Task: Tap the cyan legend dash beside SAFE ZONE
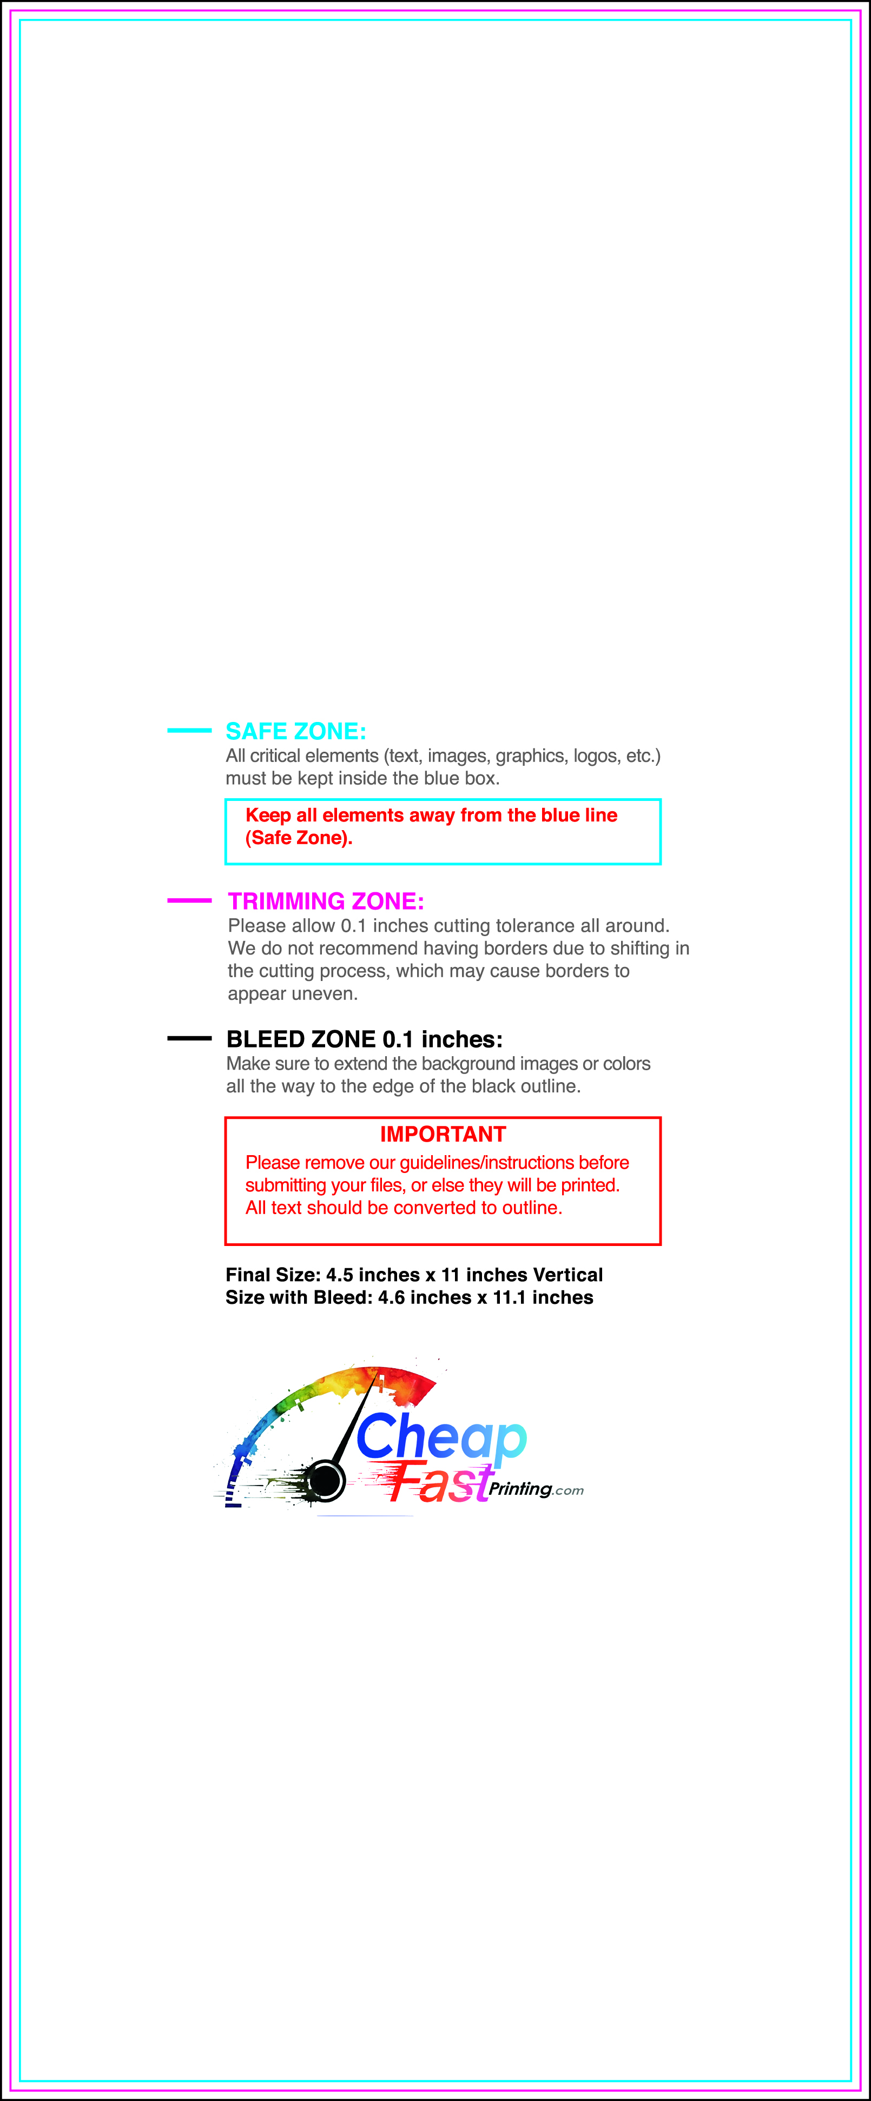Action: click(x=189, y=730)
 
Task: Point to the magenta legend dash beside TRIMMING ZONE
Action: click(x=189, y=900)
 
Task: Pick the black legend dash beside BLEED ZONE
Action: click(x=189, y=1038)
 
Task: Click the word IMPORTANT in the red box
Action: click(x=443, y=1135)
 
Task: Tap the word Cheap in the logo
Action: click(x=440, y=1438)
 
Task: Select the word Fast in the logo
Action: click(x=440, y=1483)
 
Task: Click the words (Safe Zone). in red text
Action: click(x=299, y=838)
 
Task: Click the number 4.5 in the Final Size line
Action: click(x=340, y=1275)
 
